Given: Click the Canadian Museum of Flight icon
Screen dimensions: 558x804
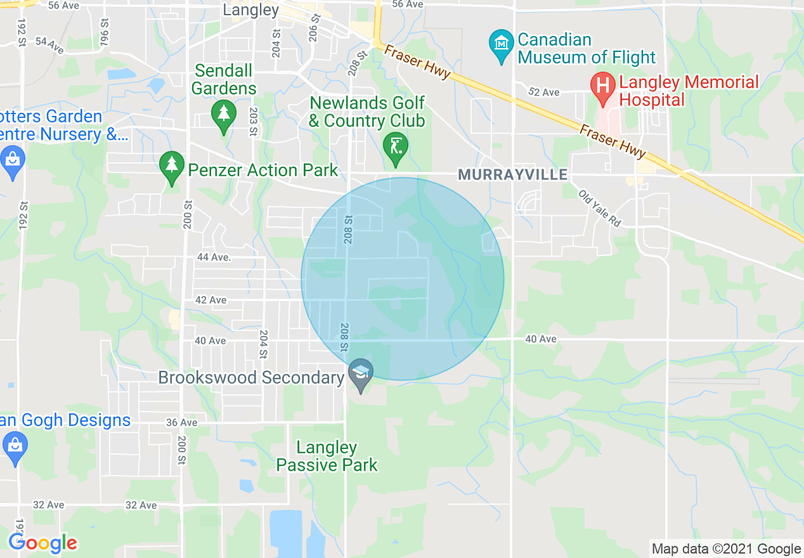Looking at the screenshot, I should point(502,45).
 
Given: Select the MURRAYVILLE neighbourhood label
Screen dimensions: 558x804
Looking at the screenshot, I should point(512,175).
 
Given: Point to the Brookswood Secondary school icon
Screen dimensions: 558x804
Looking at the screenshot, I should point(361,373).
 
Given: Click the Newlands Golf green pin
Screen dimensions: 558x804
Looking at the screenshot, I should point(396,146).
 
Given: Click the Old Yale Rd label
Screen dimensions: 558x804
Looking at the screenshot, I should point(599,209).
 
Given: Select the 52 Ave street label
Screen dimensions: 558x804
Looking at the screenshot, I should point(544,93).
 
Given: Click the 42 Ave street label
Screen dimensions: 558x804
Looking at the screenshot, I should point(211,300).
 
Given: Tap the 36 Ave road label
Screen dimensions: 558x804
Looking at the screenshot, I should point(181,422).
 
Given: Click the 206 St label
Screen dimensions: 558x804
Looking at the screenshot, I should point(313,29).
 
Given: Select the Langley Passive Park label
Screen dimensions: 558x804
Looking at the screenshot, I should point(327,457).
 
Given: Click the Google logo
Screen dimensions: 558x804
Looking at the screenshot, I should point(42,543).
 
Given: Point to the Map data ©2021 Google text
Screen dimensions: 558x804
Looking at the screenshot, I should point(727,549).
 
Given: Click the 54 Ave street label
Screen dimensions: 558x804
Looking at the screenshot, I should point(49,44).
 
